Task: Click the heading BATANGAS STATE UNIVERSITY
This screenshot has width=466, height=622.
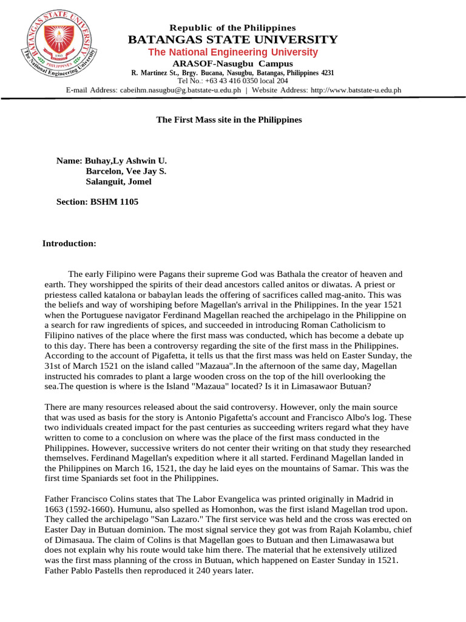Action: point(232,40)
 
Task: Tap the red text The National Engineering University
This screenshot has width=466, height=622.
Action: point(232,52)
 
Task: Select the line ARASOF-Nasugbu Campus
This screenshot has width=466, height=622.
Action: point(232,64)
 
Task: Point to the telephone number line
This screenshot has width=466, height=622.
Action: point(232,81)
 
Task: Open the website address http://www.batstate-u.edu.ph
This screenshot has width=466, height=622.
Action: point(356,90)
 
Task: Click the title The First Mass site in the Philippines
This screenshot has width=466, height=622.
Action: point(229,120)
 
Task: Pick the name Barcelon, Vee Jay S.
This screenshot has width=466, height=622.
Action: point(126,171)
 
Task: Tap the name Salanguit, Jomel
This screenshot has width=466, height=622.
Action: point(119,182)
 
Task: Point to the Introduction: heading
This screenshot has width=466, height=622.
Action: point(69,244)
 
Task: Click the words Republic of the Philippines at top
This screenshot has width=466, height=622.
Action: point(233,28)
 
